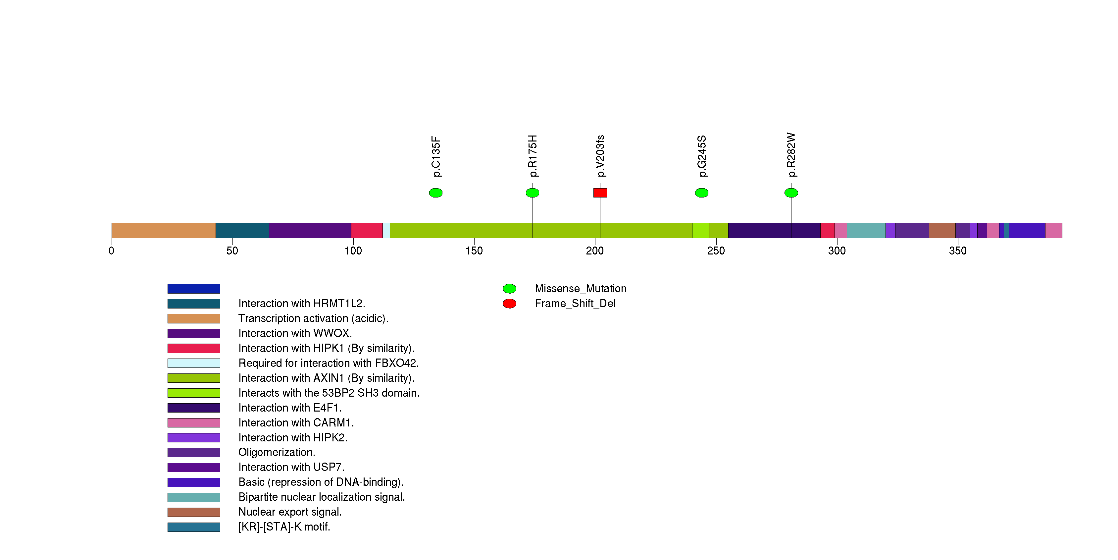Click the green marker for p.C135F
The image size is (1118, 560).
(x=436, y=193)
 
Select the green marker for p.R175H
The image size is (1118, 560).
(x=533, y=193)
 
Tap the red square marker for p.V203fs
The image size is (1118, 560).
(x=600, y=193)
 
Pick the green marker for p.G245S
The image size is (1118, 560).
(x=702, y=193)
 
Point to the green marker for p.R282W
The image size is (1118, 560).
(x=791, y=193)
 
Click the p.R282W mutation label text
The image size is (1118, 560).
(x=791, y=155)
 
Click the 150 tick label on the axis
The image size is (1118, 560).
(x=474, y=251)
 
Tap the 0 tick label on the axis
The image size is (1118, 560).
(x=112, y=251)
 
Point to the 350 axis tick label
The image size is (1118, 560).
(x=958, y=251)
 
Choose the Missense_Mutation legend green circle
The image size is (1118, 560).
(x=510, y=289)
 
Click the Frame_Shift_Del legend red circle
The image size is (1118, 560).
(x=510, y=304)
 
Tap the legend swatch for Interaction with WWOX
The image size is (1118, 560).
(x=194, y=333)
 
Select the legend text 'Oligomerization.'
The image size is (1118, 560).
(x=277, y=452)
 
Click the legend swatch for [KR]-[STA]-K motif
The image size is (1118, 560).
(x=194, y=527)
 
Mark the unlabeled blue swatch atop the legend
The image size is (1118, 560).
(x=194, y=289)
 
